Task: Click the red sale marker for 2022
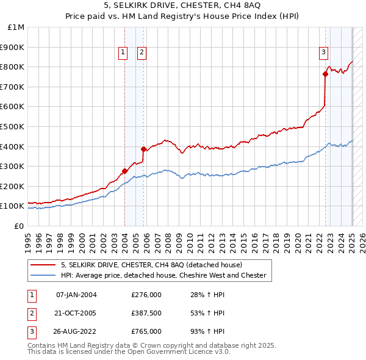[325, 74]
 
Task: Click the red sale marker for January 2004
[124, 171]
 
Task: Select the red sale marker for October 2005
[143, 149]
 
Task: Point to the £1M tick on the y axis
[16, 27]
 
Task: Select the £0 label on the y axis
[19, 226]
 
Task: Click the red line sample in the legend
[42, 265]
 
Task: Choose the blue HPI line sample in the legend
[42, 275]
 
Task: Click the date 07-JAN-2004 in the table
[76, 295]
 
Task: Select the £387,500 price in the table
[146, 313]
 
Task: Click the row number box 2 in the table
[31, 313]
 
